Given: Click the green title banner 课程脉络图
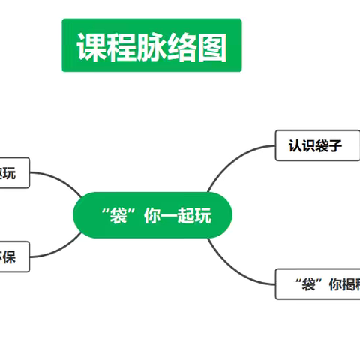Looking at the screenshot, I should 151,46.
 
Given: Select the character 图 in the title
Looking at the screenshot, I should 212,46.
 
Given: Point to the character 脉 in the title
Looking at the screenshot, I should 152,46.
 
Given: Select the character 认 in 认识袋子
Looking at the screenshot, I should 295,145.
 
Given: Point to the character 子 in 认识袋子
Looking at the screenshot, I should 335,145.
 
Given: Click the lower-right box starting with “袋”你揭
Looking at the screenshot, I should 318,283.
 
